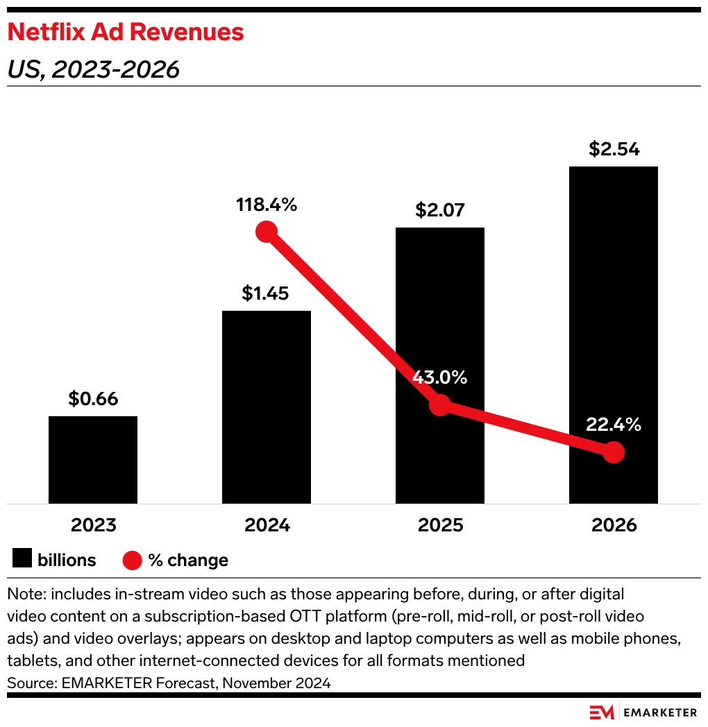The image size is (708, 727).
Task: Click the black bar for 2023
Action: (x=93, y=459)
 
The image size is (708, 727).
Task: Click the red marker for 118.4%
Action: (x=267, y=231)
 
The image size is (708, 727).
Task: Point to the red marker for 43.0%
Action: (x=440, y=405)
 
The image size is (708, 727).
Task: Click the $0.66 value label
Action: (x=93, y=399)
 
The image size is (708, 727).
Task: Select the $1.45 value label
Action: (x=267, y=293)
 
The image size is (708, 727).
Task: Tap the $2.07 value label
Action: (x=440, y=210)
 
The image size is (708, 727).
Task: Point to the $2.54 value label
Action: (x=614, y=149)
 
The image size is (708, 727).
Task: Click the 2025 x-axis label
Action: (x=440, y=525)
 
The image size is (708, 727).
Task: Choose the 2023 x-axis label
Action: (x=93, y=525)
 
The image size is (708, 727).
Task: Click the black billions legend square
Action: (x=22, y=559)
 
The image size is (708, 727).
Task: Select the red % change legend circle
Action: (x=133, y=560)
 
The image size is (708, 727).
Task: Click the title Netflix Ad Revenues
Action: (x=126, y=32)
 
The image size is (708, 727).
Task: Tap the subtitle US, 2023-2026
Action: (x=94, y=69)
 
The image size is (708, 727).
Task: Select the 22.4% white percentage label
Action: (x=614, y=425)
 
